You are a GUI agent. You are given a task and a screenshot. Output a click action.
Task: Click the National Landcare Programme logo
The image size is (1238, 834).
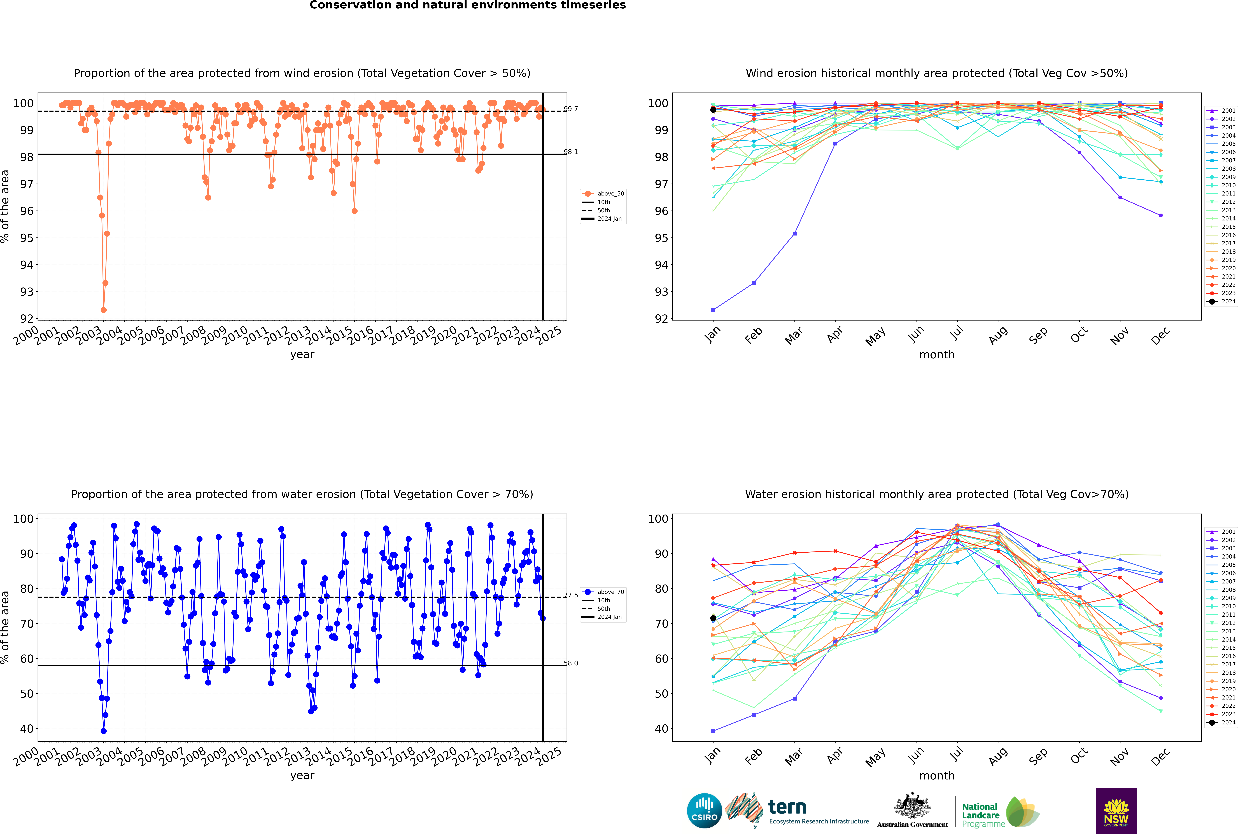click(x=1001, y=812)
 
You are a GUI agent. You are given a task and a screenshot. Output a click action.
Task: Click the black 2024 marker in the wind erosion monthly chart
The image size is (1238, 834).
click(x=713, y=110)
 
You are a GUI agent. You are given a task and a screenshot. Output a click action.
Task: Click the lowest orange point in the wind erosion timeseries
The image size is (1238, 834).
click(x=103, y=310)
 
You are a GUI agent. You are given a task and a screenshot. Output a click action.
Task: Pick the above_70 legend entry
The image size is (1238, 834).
click(x=603, y=592)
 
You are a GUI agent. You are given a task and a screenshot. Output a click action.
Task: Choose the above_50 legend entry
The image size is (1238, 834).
click(x=603, y=194)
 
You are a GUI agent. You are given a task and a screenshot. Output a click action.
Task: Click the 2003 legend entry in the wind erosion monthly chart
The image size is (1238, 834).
click(x=1221, y=127)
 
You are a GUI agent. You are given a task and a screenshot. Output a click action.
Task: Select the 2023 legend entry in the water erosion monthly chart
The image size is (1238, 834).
click(x=1221, y=714)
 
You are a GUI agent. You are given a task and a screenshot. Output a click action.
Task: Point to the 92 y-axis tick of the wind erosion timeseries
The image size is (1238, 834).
click(x=27, y=319)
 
